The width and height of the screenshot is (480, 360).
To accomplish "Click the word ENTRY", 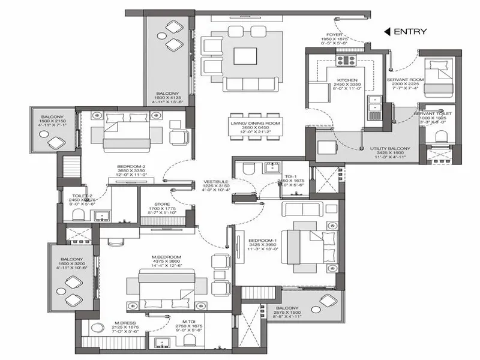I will [x=411, y=32].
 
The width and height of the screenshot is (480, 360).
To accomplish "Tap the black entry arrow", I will [x=388, y=32].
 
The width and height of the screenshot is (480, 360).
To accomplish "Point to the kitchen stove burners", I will [x=347, y=60].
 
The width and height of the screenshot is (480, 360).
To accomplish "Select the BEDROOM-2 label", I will [x=131, y=169].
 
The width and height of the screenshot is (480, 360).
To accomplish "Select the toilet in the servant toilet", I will [x=440, y=137].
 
